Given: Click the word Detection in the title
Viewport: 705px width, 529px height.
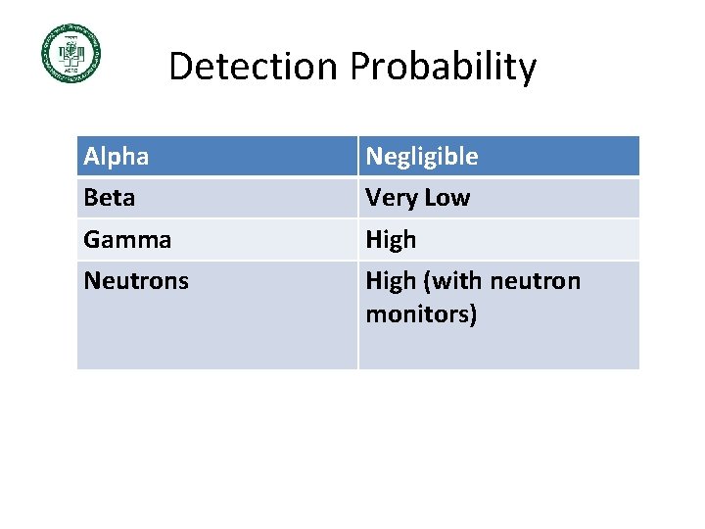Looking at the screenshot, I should point(255,68).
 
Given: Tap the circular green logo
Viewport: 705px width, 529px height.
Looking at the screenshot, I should point(70,53).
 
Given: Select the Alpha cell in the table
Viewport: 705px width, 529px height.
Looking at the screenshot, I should point(117,157).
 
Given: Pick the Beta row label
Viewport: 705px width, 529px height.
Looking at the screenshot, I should point(110,198).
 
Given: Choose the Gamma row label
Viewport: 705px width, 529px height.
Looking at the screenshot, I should point(127,240).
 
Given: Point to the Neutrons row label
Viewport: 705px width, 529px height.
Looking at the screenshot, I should point(136,281).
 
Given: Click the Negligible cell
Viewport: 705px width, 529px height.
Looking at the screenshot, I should point(422,157).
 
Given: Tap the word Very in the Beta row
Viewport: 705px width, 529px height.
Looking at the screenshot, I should point(391,198).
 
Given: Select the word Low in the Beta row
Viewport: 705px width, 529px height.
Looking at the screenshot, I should point(446,198).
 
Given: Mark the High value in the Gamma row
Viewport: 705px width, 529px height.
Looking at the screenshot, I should point(391,240).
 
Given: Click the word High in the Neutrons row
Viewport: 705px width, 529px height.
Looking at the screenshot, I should point(391,281).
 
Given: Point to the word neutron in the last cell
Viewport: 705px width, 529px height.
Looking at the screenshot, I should point(535,281).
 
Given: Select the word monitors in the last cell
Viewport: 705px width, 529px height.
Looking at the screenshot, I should point(416,315).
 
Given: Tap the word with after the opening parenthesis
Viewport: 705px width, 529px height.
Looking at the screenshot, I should point(457,281).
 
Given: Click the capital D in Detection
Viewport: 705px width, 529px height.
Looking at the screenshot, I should point(180,68).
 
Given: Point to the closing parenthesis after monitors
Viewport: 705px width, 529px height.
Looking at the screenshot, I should point(473,315).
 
